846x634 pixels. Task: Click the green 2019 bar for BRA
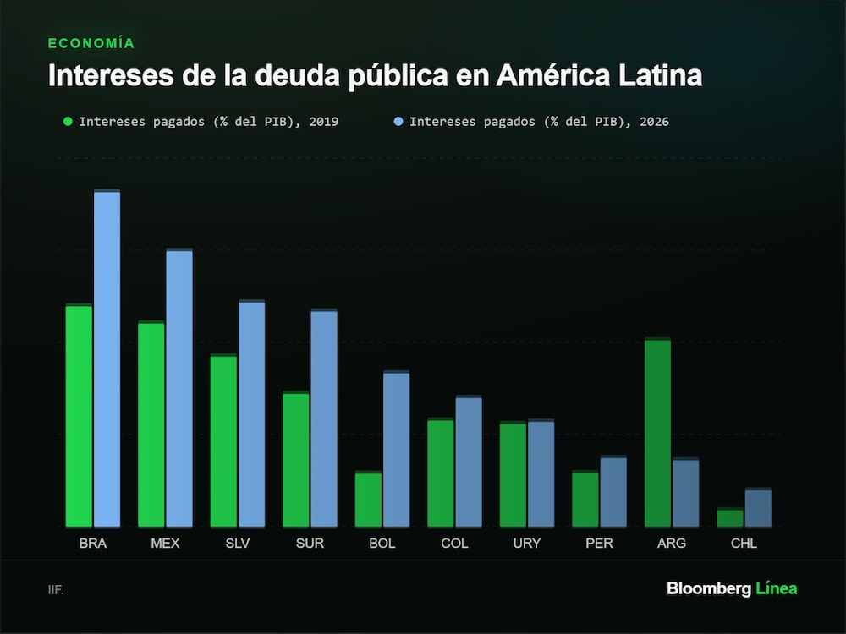coord(79,415)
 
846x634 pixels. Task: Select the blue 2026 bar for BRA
coord(107,358)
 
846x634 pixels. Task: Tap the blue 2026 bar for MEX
coord(179,388)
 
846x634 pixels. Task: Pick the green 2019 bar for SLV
coord(223,440)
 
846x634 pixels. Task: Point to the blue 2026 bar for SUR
coord(324,418)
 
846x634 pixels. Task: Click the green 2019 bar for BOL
coord(368,499)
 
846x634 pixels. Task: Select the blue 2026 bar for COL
coord(469,461)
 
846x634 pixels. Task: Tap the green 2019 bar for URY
coord(513,474)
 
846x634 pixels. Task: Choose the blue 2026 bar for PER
coord(613,491)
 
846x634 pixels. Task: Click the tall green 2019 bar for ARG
coord(657,432)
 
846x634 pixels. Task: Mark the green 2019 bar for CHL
coord(730,517)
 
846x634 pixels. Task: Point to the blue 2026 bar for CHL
coord(758,507)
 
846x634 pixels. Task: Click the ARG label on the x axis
coord(672,543)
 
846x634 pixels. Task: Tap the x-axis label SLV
coord(238,543)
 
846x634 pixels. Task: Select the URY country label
coord(526,543)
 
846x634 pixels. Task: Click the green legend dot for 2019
coord(68,121)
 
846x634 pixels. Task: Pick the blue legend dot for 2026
coord(398,121)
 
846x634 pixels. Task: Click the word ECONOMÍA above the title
coord(91,43)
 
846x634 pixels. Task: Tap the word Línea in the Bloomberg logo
coord(777,588)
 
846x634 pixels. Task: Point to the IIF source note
coord(56,590)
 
